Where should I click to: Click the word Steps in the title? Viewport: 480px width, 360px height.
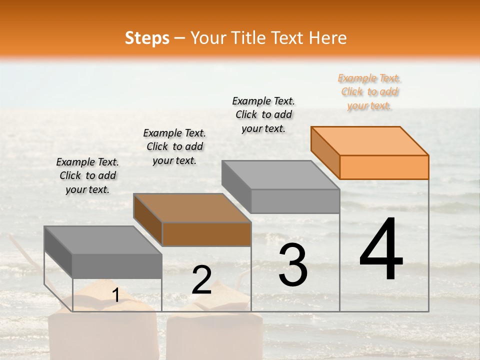coord(147,38)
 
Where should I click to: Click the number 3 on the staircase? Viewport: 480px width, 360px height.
coord(293,265)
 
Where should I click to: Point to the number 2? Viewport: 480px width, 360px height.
coord(201,280)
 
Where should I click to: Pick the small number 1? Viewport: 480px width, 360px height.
coord(115,295)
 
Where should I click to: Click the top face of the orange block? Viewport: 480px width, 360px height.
coord(370,140)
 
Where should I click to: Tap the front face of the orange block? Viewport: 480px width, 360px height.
coord(384,167)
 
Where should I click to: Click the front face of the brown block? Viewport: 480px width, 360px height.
coord(206,234)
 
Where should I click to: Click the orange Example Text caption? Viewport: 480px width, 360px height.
coord(369,91)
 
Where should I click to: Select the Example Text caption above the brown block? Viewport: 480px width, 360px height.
coord(174,146)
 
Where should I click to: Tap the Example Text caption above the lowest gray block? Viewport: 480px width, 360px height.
coord(87,175)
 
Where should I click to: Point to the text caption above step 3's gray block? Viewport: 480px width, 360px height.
coord(263,114)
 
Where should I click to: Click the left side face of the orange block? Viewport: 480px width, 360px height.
coord(325,152)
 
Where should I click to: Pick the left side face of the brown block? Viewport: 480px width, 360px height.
coord(148,220)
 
